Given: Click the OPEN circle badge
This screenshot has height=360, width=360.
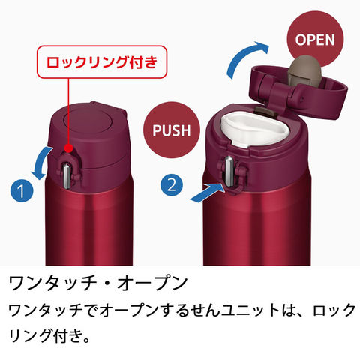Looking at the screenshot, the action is [x=315, y=40].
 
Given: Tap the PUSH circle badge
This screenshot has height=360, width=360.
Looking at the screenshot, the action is [x=172, y=130].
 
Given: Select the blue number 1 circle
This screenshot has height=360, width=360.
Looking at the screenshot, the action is [x=22, y=191].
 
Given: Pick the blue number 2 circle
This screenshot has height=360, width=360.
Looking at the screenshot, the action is [x=172, y=185].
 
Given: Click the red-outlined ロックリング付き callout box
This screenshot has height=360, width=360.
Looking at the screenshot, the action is [x=102, y=62].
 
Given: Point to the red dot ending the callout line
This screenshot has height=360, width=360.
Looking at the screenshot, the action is [x=68, y=148].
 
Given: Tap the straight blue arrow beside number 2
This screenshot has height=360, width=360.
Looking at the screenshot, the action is [x=207, y=193].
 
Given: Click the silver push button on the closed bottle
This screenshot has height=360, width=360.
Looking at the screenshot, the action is [x=67, y=175].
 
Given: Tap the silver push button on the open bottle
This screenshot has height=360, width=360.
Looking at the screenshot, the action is [x=229, y=171].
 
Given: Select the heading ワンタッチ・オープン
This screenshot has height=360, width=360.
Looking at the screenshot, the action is [x=98, y=283].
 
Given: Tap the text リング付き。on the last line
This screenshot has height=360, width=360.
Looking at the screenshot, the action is [x=49, y=335].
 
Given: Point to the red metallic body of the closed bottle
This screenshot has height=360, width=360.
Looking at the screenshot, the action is [x=89, y=225].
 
